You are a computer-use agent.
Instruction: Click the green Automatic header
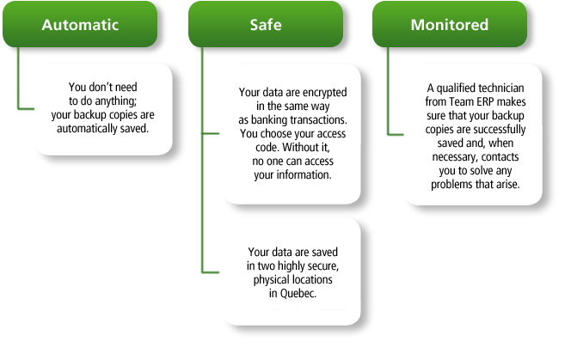pos(80,24)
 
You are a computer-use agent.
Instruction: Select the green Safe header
pos(266,24)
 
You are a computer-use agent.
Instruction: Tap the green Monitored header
pos(450,24)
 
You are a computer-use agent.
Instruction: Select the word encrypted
pos(324,93)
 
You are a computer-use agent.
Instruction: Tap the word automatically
pos(87,129)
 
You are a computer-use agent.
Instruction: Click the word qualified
pos(457,88)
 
